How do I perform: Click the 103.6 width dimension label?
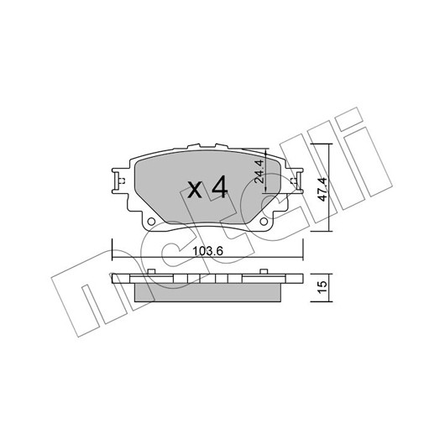point(208,250)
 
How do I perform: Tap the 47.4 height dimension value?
point(322,189)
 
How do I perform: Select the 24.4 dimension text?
point(259,171)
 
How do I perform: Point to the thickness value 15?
point(322,287)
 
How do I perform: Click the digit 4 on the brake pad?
point(218,186)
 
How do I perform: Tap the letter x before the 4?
point(195,190)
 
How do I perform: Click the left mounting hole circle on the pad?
point(151,221)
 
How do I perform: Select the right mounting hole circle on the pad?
point(264,221)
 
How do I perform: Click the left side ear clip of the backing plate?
point(119,181)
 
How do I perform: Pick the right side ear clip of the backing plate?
point(296,181)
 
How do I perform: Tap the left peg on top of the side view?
point(151,271)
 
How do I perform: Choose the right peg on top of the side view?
point(264,271)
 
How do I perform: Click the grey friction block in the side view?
point(208,292)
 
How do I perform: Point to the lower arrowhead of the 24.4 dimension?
point(265,189)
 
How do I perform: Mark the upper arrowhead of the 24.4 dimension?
point(265,153)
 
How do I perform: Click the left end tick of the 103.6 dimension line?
point(113,249)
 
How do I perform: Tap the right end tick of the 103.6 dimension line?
point(303,249)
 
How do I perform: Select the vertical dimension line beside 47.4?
point(329,187)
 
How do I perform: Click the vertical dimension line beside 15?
point(329,287)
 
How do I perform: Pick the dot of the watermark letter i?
point(349,119)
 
